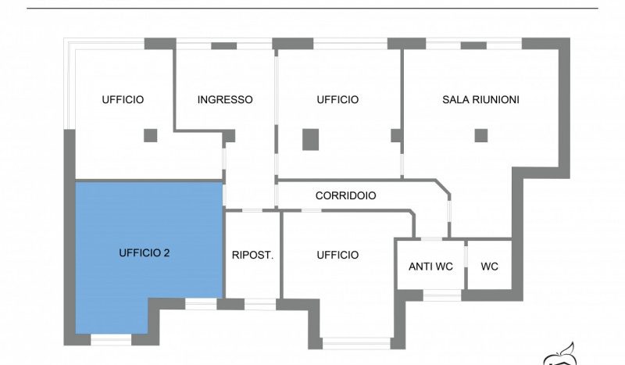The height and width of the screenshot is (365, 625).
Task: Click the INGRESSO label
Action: (225, 100)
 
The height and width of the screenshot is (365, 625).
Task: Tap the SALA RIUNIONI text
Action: (480, 100)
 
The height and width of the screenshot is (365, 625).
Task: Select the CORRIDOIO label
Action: (345, 196)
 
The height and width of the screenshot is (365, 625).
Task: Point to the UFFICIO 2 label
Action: (145, 253)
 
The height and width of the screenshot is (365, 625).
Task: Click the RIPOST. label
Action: (252, 255)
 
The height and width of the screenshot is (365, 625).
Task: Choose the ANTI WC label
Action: (430, 267)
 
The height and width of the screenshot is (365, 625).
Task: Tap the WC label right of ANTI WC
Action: (489, 267)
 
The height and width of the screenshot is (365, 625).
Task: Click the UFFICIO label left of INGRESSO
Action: (123, 100)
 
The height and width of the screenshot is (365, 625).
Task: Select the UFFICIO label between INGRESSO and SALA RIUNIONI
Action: (337, 100)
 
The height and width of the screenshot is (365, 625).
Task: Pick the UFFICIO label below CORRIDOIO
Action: (337, 255)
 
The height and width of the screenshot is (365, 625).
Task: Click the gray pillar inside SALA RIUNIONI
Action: (480, 135)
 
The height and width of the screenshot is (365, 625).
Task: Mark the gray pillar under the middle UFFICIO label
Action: (311, 138)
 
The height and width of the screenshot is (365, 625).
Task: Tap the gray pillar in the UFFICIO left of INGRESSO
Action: (150, 135)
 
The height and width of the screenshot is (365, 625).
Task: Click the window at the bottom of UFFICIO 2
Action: (112, 339)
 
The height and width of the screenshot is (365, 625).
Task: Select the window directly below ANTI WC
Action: (441, 295)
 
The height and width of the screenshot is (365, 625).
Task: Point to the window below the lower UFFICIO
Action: (356, 342)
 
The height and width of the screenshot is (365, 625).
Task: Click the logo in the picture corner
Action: (561, 356)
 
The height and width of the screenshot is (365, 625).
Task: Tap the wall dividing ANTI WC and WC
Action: (466, 265)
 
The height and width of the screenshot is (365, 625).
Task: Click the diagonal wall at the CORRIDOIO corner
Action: (443, 188)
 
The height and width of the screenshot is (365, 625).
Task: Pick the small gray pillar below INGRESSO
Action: (230, 136)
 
